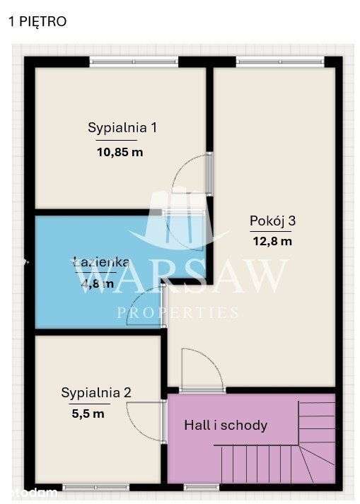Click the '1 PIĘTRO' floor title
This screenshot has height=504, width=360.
click(x=37, y=22)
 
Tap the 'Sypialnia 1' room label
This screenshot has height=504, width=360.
click(x=122, y=128)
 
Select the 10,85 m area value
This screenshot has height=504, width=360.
click(x=120, y=152)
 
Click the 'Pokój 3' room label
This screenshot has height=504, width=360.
click(x=272, y=221)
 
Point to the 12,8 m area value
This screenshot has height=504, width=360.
click(x=272, y=240)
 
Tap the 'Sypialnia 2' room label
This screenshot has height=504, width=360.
click(x=96, y=392)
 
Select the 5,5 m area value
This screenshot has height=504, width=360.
click(x=88, y=414)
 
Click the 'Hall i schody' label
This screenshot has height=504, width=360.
click(x=226, y=425)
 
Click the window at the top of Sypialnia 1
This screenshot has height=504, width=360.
click(x=133, y=61)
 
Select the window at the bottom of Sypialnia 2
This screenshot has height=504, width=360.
click(x=95, y=487)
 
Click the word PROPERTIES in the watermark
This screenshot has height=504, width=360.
click(x=177, y=312)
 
